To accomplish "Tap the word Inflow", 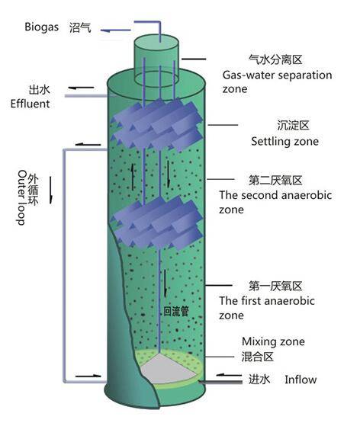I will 301,379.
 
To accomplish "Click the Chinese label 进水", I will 265,379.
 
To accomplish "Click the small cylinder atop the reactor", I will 156,53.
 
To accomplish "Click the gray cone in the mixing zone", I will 162,368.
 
